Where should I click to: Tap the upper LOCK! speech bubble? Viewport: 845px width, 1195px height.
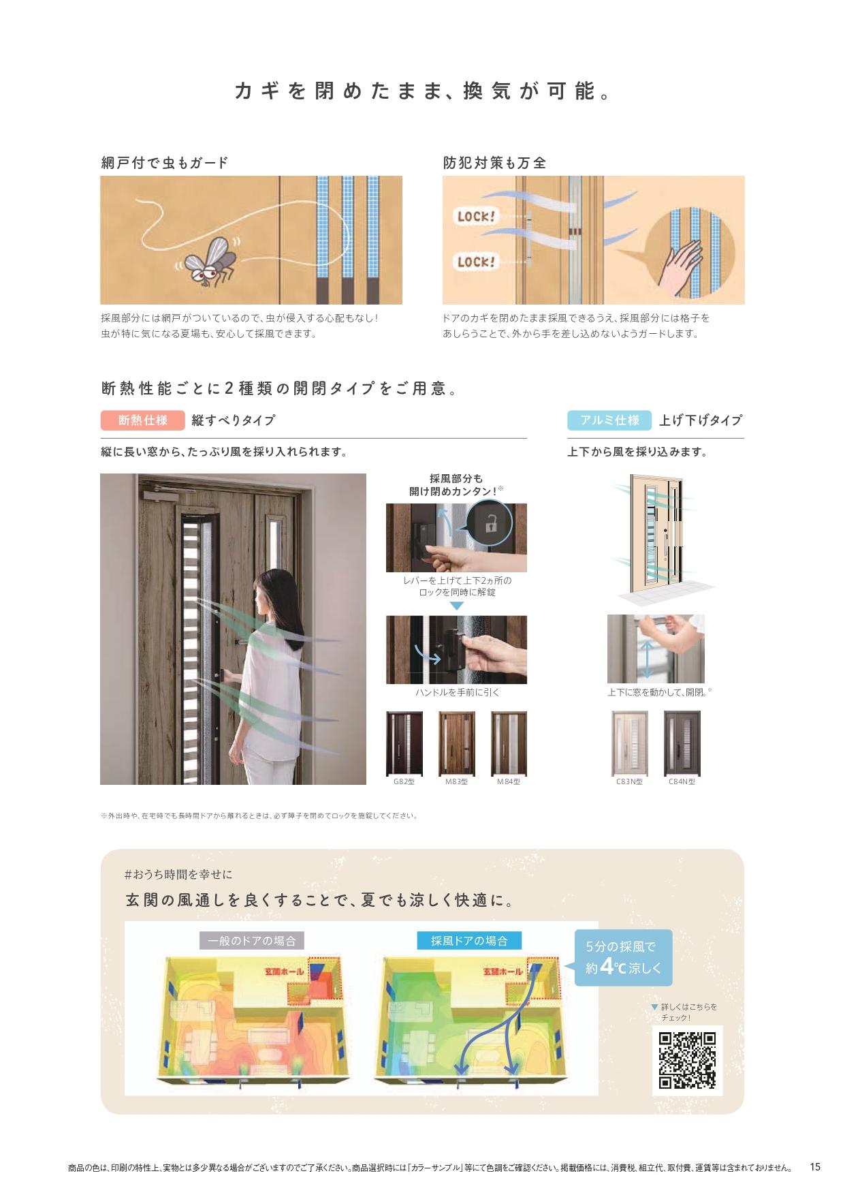coord(477,217)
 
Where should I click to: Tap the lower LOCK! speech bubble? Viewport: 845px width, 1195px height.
coord(477,262)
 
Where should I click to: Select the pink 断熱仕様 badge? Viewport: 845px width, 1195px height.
coord(142,420)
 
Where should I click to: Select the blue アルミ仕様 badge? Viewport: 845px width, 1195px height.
coord(609,420)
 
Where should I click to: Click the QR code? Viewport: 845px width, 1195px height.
coord(687,1060)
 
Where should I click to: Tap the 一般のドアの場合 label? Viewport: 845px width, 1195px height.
coord(252,941)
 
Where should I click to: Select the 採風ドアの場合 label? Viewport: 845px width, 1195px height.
coord(469,941)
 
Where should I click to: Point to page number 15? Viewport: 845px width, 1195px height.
coord(815,1166)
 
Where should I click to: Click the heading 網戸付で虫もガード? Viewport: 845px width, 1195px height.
coord(165,163)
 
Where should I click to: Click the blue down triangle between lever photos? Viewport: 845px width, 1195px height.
coord(456,606)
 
